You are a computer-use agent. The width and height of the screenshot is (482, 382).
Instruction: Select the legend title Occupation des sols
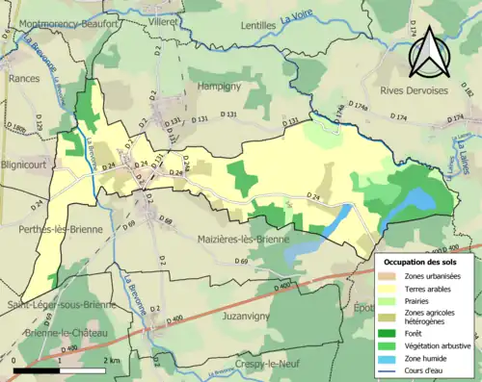tap(422, 261)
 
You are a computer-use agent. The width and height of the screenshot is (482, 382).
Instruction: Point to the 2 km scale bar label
tap(113, 359)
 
